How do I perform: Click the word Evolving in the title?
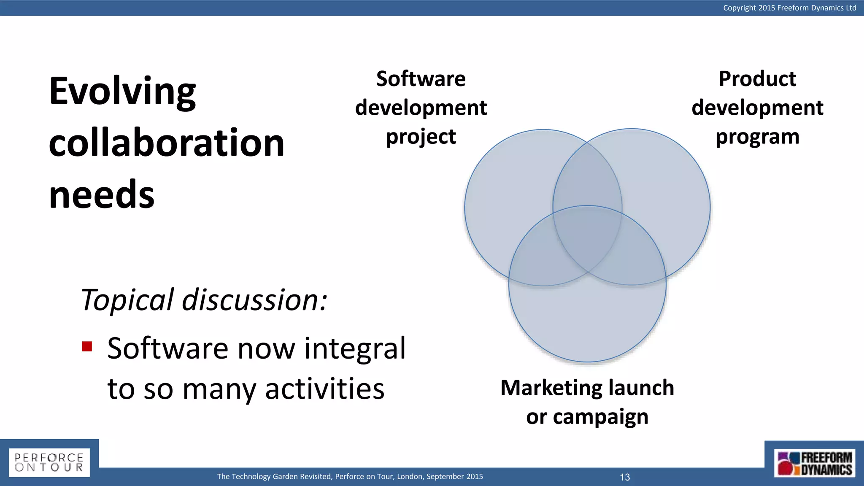click(122, 92)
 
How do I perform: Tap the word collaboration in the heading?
click(167, 143)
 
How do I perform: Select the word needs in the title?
click(102, 194)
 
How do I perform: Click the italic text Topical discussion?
click(204, 300)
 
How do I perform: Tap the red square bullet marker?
click(87, 347)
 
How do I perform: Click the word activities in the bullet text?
click(324, 389)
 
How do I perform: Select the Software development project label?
click(421, 108)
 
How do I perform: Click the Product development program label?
click(757, 108)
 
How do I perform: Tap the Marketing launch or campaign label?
click(587, 402)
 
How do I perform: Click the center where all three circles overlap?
click(587, 236)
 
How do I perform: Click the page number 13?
click(625, 477)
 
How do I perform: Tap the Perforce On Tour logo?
click(49, 462)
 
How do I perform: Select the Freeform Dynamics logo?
click(814, 463)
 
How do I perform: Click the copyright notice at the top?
click(789, 8)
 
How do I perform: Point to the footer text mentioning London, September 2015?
click(350, 476)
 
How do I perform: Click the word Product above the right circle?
click(757, 79)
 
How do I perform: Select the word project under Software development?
click(421, 137)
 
